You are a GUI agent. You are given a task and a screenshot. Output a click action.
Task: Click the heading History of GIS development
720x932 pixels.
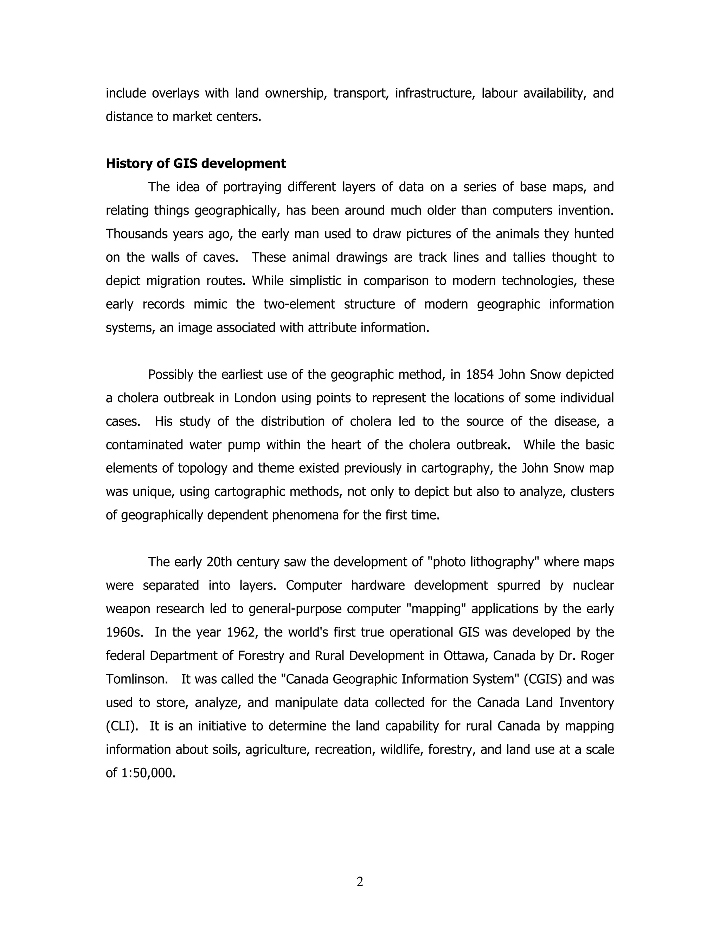tap(196, 164)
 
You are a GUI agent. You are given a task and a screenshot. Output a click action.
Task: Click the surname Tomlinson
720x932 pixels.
tap(136, 679)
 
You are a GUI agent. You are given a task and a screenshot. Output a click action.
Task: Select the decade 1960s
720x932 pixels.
tap(124, 632)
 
